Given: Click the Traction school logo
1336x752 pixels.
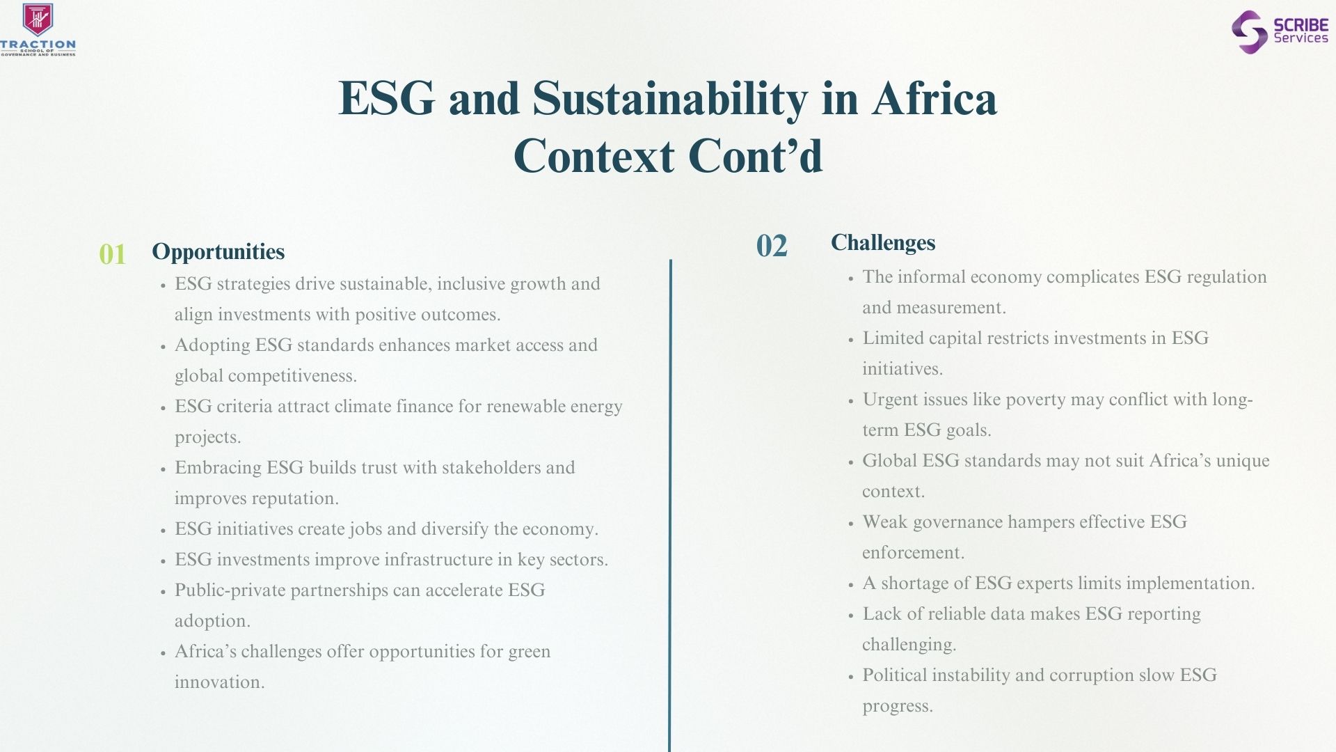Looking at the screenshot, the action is pos(38,29).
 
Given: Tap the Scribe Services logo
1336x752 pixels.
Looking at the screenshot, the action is pos(1280,31).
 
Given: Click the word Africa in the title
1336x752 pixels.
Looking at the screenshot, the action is pos(935,98).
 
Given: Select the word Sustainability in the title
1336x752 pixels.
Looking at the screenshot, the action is pos(670,100).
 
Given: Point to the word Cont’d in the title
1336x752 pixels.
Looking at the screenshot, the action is pos(756,155).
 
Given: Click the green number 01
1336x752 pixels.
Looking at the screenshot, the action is pos(113,254).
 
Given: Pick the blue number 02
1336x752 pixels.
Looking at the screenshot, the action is pos(772,246).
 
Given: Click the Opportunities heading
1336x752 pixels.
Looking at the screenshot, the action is pos(218,251).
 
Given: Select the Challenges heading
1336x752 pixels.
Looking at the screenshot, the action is pos(883,242).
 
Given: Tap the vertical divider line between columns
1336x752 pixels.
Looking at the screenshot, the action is pos(670,506).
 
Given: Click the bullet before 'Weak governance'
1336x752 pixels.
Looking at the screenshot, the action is pos(851,523).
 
